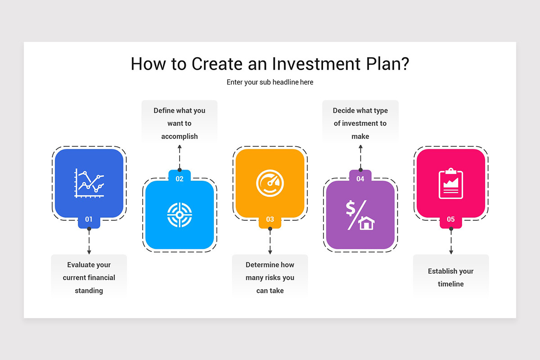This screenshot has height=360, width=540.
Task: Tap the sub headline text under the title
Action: [270, 82]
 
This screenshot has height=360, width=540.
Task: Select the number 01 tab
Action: [89, 220]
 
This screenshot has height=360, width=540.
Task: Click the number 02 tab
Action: [180, 179]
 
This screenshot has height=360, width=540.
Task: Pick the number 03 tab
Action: [270, 220]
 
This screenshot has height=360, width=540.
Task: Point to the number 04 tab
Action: [360, 179]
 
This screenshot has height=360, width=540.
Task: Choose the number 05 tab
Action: [451, 220]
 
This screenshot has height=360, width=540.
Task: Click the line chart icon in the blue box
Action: [89, 183]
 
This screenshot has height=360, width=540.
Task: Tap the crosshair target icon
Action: [180, 215]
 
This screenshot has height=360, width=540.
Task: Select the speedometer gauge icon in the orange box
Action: [270, 183]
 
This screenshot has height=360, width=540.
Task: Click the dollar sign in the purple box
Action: [351, 209]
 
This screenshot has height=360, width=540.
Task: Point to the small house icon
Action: [367, 223]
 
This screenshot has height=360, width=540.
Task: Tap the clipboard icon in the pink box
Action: [451, 183]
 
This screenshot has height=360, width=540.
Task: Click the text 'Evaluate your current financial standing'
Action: [89, 278]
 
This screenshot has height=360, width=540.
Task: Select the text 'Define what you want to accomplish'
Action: [180, 123]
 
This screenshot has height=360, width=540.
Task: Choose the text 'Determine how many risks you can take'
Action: [270, 278]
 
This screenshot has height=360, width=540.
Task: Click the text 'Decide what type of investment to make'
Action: [360, 123]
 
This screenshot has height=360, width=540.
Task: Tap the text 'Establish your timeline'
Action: [451, 278]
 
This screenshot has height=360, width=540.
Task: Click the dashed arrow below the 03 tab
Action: [270, 242]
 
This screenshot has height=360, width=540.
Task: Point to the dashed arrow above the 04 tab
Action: [360, 157]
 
